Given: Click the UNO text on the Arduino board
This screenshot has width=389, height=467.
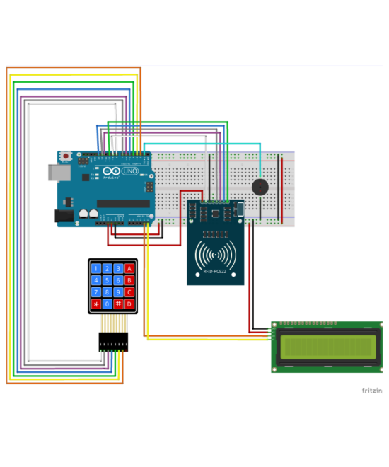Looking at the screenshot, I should [x=130, y=172].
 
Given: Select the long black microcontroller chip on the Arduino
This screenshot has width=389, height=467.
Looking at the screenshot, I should [x=123, y=204].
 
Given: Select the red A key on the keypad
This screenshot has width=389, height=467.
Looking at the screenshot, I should [x=129, y=268].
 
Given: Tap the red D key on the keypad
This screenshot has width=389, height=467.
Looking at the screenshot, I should [x=129, y=304].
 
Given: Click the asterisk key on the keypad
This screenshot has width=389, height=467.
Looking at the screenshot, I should [x=95, y=304].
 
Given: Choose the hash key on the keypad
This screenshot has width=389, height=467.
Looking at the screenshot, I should [x=118, y=304].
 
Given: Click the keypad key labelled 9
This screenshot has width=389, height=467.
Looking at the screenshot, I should [x=118, y=292].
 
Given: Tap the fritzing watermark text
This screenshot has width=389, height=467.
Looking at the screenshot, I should [x=372, y=391].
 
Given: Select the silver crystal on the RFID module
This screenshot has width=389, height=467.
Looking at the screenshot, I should [x=240, y=208].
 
